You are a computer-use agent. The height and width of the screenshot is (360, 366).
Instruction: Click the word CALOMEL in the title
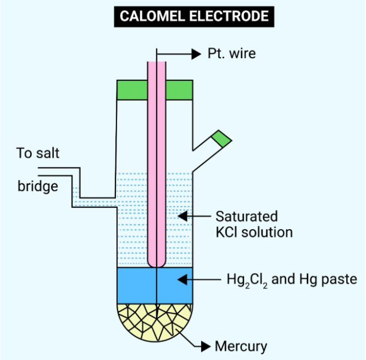point(153,16)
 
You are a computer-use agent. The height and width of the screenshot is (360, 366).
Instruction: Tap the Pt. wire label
point(231,54)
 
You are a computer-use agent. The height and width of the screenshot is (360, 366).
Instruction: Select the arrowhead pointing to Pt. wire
point(196,54)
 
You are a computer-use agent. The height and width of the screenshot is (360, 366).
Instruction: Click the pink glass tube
point(157,165)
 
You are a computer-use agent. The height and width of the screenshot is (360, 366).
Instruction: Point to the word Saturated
point(246,216)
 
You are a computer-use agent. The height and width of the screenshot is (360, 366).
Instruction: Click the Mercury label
point(241,346)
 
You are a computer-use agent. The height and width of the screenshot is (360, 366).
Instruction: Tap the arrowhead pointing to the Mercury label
point(206,346)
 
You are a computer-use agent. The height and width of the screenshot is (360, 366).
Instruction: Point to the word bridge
point(37,186)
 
